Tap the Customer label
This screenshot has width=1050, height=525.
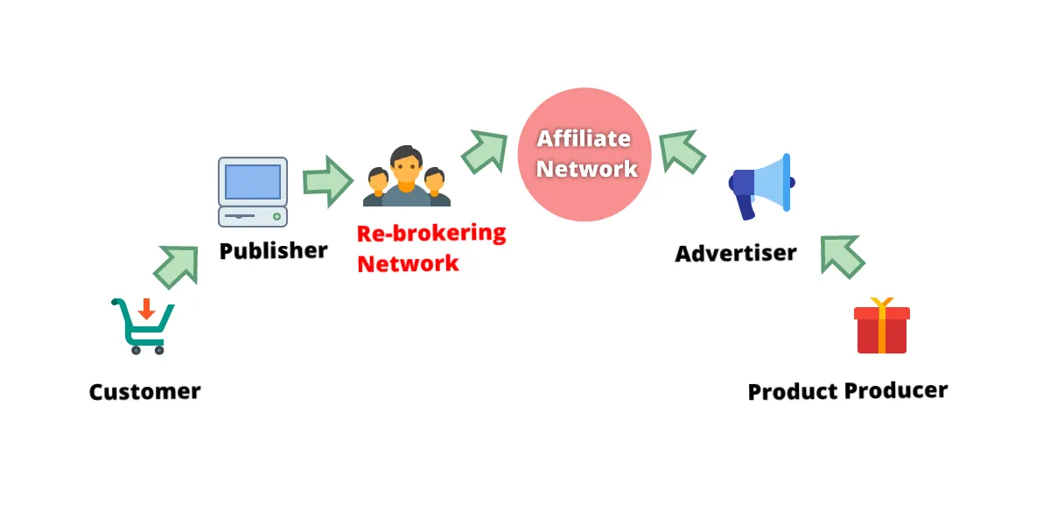click(x=144, y=391)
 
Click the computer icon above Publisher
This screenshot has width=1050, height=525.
click(x=253, y=192)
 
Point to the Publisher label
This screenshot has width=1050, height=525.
click(x=273, y=251)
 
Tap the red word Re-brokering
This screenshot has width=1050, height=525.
click(x=431, y=234)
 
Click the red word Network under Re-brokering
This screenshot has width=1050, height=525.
click(x=408, y=263)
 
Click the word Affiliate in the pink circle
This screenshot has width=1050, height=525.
click(x=584, y=138)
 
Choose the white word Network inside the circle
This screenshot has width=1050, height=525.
click(x=586, y=168)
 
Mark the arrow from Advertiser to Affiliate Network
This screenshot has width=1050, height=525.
click(x=682, y=150)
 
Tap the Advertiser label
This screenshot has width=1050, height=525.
click(x=736, y=254)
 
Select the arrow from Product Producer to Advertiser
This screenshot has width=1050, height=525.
click(x=842, y=255)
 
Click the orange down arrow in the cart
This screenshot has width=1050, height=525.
click(x=146, y=308)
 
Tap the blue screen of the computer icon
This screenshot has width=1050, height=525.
click(x=253, y=181)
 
